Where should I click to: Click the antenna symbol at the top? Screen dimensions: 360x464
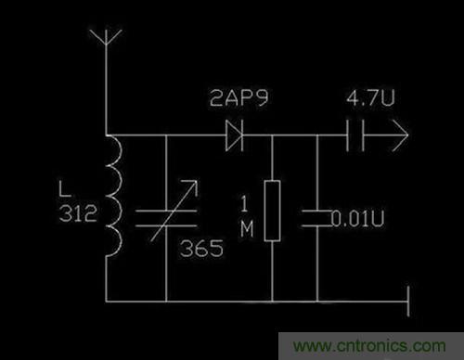[108, 42]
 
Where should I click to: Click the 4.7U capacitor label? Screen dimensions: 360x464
[367, 98]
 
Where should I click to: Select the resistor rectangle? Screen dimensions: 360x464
[272, 212]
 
